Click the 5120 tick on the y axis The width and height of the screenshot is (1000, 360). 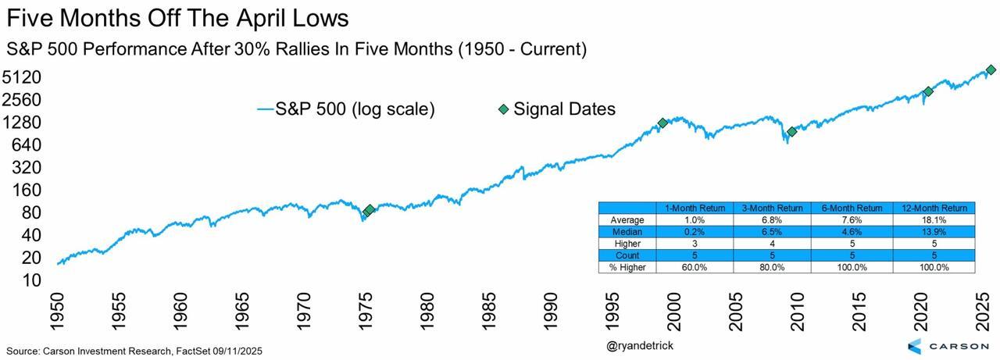point(23,77)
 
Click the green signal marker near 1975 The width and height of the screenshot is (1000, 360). point(369,210)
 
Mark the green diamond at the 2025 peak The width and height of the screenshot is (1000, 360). point(991,70)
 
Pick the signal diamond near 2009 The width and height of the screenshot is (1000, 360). point(792,132)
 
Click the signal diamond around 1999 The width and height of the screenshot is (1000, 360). point(662,123)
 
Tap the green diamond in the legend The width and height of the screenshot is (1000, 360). point(503,109)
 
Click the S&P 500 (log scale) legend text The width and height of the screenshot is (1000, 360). point(355,109)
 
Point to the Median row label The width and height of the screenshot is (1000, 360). point(627,232)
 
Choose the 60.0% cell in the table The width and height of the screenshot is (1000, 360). point(695,267)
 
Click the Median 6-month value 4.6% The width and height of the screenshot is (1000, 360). point(852,232)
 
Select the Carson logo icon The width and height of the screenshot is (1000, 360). point(916,346)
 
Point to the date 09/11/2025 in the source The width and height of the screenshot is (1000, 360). point(231,351)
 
